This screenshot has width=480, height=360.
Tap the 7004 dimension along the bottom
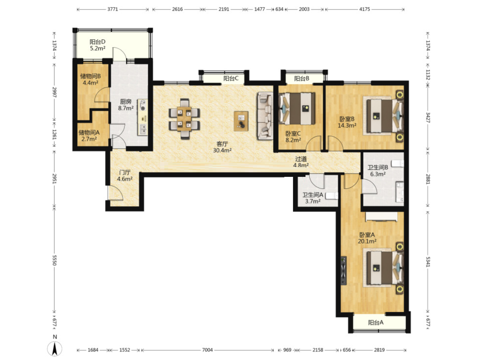pyautogui.click(x=207, y=350)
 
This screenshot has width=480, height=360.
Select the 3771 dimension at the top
pyautogui.click(x=113, y=9)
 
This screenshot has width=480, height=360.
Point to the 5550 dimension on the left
pyautogui.click(x=55, y=260)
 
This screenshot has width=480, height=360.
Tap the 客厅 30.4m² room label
pyautogui.click(x=222, y=147)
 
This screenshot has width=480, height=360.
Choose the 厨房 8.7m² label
pyautogui.click(x=126, y=105)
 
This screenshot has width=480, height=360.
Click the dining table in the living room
pyautogui.click(x=184, y=119)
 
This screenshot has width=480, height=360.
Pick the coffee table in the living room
pyautogui.click(x=241, y=121)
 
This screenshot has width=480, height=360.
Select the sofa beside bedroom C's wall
pyautogui.click(x=265, y=116)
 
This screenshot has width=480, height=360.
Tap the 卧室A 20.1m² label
pyautogui.click(x=367, y=238)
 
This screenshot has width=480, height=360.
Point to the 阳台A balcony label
pyautogui.click(x=376, y=322)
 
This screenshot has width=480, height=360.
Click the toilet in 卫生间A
pyautogui.click(x=331, y=196)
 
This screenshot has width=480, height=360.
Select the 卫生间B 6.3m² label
pyautogui.click(x=378, y=171)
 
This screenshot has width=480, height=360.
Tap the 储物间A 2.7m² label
pyautogui.click(x=89, y=136)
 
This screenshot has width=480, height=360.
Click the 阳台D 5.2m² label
pyautogui.click(x=98, y=45)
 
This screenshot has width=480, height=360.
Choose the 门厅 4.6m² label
pyautogui.click(x=125, y=176)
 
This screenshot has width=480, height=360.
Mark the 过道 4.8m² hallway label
pyautogui.click(x=301, y=162)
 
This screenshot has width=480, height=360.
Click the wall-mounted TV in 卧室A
pyautogui.click(x=344, y=271)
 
